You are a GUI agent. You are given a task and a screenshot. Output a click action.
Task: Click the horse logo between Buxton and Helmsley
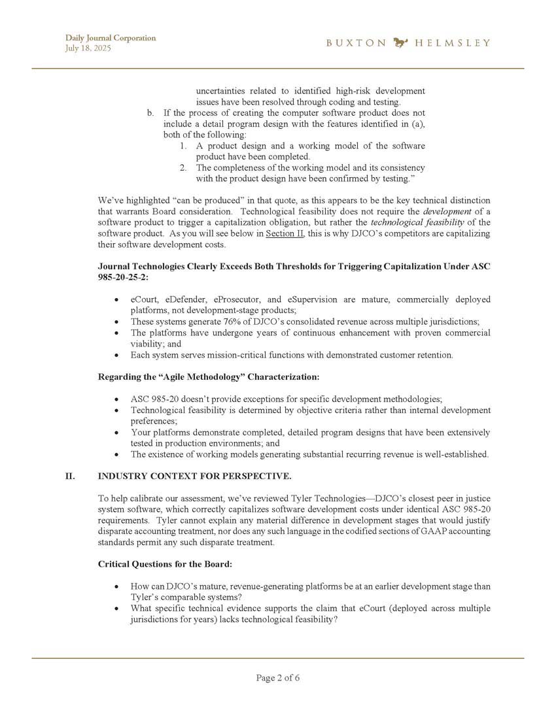point(400,43)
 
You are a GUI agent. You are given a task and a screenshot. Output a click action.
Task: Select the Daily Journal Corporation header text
point(111,38)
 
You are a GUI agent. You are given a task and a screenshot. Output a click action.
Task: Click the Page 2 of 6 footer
point(278,678)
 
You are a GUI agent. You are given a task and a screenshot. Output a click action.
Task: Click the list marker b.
point(151,112)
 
